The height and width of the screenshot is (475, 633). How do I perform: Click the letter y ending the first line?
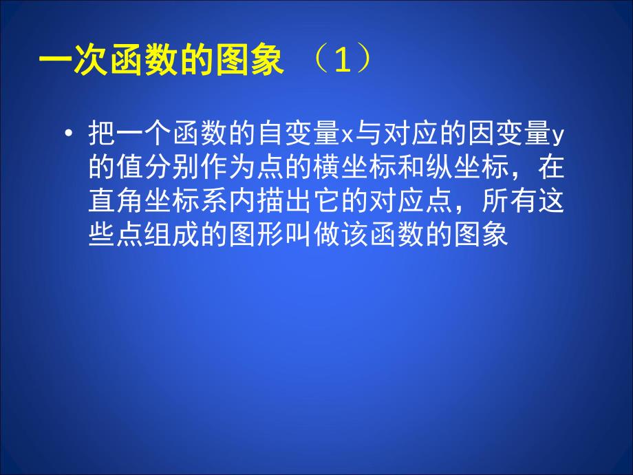coord(559,134)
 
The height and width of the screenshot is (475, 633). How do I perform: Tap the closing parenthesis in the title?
coord(365,62)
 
